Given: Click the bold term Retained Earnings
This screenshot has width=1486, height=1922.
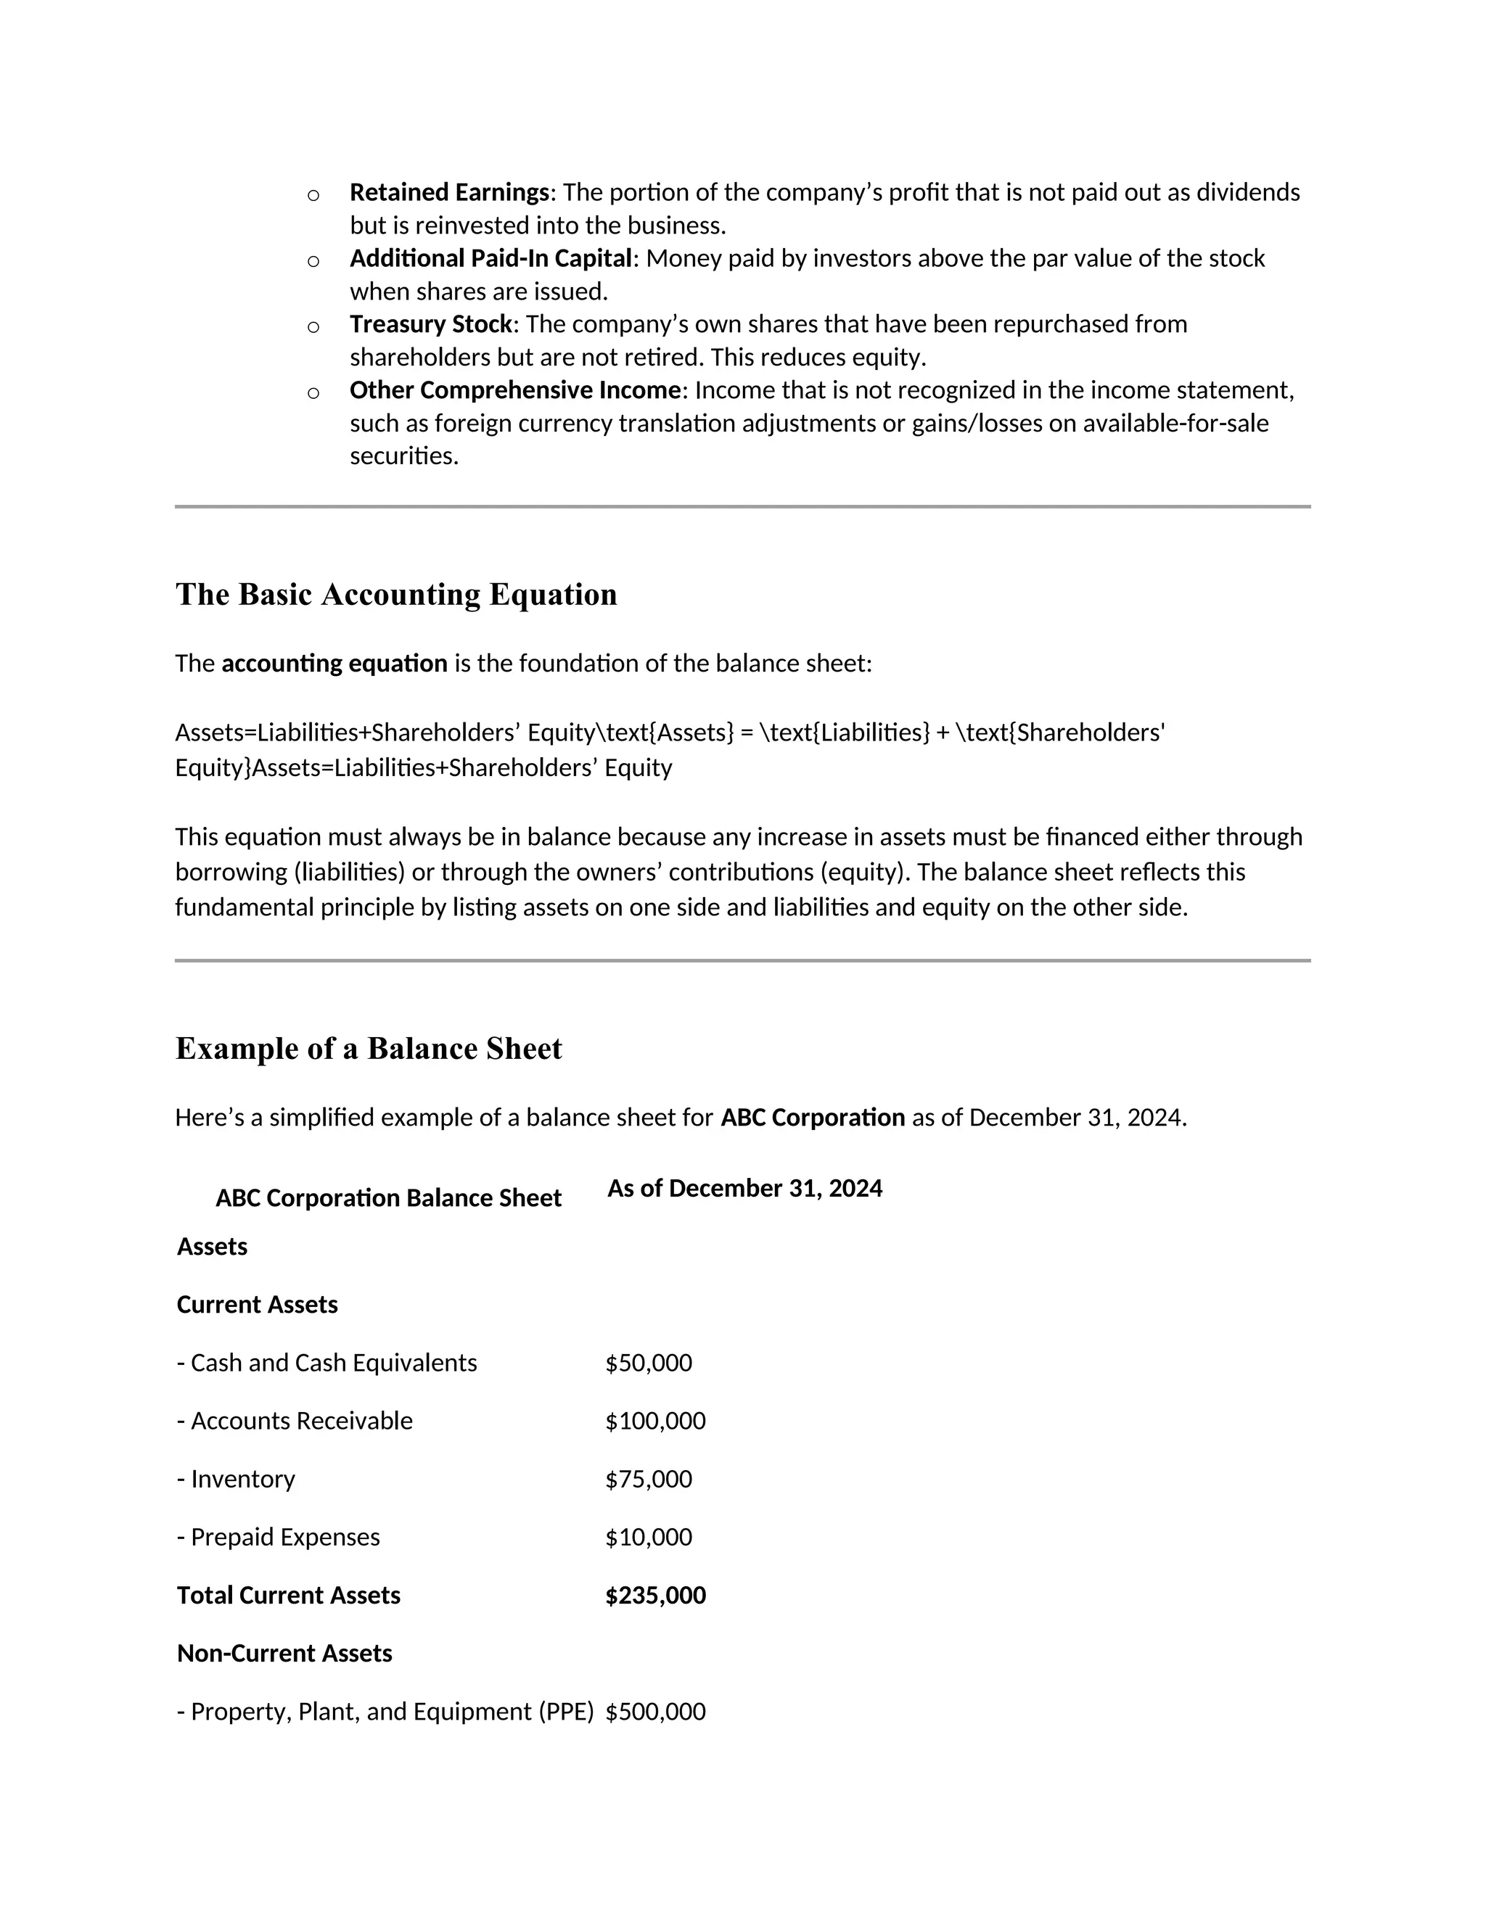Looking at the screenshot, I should point(449,192).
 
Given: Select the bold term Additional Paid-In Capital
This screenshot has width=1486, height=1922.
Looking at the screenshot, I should point(490,258).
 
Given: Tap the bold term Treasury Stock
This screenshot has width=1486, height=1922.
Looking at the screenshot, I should point(430,324).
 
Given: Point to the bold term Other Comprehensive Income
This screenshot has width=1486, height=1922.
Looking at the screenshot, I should point(515,390).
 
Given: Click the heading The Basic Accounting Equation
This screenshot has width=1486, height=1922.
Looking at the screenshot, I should point(396,594).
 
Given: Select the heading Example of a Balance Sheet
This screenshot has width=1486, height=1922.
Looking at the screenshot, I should point(368,1048).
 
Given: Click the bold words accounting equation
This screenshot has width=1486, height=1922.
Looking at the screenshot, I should point(334,663).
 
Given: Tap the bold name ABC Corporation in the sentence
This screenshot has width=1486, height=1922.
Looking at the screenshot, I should point(813,1117).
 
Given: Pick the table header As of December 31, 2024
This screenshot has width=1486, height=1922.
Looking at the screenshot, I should point(744,1188).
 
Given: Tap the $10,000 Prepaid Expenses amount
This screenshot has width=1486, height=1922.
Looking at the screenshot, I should point(648,1537).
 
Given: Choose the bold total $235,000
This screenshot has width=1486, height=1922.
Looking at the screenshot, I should point(655,1595).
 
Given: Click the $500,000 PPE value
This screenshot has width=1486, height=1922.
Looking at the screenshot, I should point(655,1711).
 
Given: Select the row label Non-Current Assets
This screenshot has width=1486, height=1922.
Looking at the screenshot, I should point(284,1653).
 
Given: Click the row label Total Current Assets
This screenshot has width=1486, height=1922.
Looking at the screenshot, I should point(288,1595).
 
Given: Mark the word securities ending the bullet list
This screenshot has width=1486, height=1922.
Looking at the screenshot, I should point(403,456).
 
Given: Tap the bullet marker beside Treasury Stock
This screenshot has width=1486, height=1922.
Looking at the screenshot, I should point(313,327).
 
